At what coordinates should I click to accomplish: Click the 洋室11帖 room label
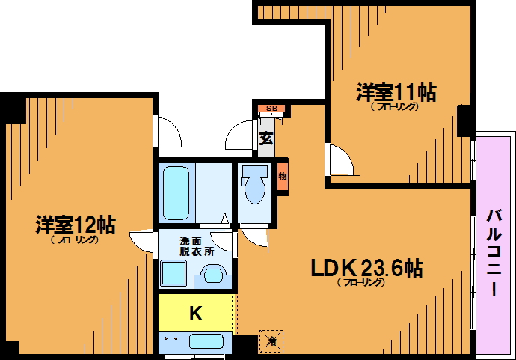[396, 93]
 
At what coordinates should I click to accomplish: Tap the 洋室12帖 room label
[76, 225]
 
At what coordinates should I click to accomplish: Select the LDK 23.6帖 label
[367, 268]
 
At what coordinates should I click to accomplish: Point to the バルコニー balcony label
[494, 252]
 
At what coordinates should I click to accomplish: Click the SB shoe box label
[271, 108]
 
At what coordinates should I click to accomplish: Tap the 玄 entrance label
[266, 138]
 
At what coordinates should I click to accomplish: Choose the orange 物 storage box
[283, 177]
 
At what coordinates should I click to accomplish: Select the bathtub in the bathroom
[176, 193]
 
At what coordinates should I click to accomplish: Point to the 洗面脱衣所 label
[197, 246]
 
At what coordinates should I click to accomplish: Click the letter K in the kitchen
[196, 314]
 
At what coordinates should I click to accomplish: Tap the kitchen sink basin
[206, 341]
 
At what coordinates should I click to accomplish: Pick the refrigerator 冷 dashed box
[271, 341]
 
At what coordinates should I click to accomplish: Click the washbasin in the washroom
[213, 275]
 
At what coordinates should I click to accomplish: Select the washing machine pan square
[173, 273]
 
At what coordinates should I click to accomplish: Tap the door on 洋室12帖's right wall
[141, 242]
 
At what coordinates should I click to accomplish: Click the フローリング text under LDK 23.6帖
[361, 283]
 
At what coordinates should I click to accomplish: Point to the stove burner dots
[171, 338]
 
